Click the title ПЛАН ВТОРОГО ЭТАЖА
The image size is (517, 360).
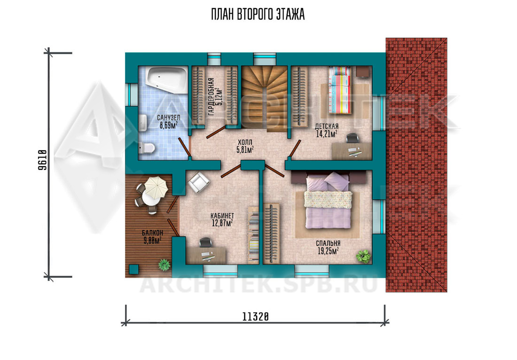(258, 15)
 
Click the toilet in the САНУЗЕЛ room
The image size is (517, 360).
(147, 148)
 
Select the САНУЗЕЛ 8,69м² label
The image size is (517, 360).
(168, 121)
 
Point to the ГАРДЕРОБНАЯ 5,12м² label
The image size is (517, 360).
(216, 96)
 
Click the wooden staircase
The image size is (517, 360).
(264, 97)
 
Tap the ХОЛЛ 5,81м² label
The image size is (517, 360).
(245, 146)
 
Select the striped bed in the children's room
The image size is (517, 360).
(340, 90)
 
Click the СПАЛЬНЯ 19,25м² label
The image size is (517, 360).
(328, 247)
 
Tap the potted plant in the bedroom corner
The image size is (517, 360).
(363, 256)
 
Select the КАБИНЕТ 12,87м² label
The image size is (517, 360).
(222, 219)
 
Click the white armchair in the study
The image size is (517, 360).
(198, 183)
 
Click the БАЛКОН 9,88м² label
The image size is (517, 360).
(152, 237)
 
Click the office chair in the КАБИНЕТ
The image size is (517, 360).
(206, 242)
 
